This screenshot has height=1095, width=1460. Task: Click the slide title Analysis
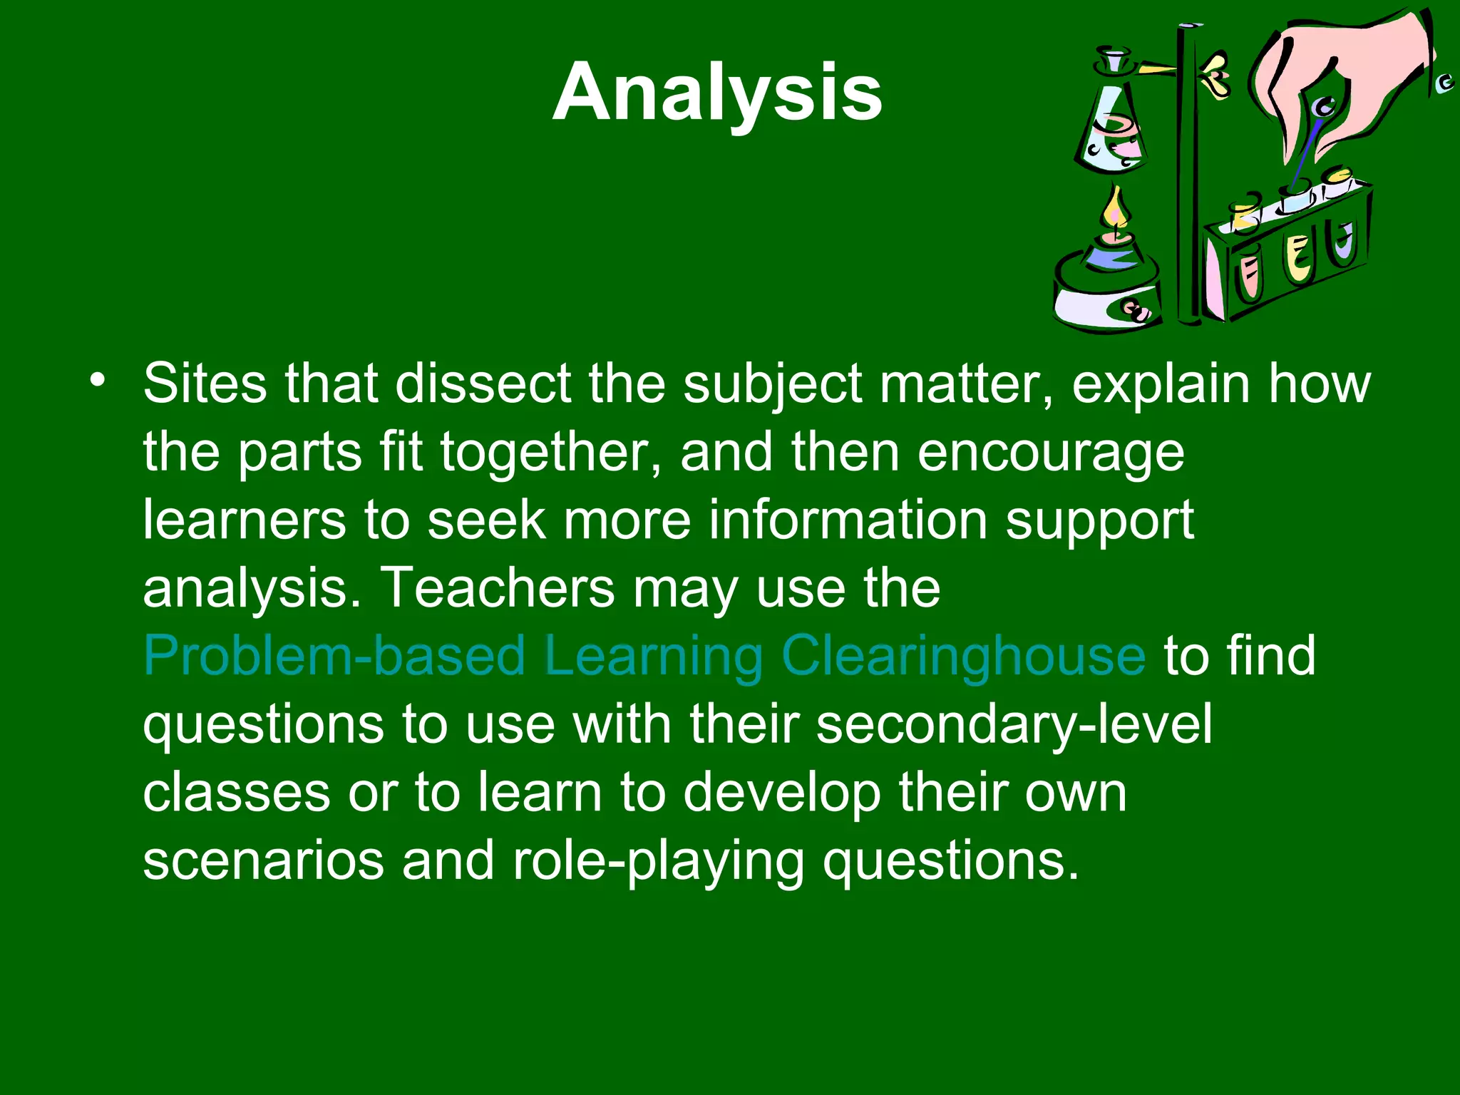717,93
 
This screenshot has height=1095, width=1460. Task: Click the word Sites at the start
205,384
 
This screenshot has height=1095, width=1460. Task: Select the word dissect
483,384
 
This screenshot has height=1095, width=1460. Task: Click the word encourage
1051,453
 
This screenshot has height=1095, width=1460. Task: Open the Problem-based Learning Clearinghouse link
644,657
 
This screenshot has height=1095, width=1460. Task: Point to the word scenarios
263,861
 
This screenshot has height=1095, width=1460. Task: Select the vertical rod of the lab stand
1188,178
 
